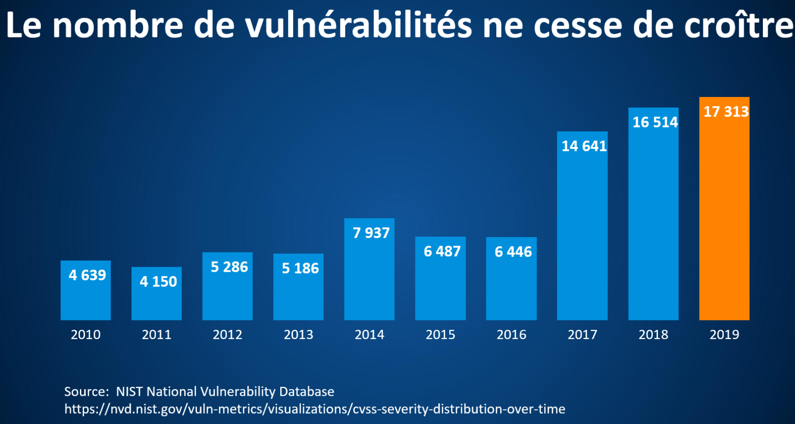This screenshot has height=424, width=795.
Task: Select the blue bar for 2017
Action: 582,232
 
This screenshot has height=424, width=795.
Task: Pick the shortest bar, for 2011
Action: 157,302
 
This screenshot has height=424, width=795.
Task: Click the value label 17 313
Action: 726,112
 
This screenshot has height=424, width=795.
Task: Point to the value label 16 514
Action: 655,122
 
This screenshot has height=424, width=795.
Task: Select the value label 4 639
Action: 87,275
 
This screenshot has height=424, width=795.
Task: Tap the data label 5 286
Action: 229,267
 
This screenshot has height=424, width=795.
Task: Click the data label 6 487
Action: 442,251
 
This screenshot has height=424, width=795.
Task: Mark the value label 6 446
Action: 513,252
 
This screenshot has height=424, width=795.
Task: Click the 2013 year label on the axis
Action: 298,334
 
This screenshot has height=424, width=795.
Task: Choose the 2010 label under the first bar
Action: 85,334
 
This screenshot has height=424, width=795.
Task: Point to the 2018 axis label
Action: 653,334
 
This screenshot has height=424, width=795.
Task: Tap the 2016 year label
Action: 511,334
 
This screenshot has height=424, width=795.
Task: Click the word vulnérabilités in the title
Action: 358,26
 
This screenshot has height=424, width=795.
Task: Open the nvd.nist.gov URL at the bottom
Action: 315,409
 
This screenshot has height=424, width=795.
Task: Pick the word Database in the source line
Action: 306,392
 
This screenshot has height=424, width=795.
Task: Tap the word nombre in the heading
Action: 118,26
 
